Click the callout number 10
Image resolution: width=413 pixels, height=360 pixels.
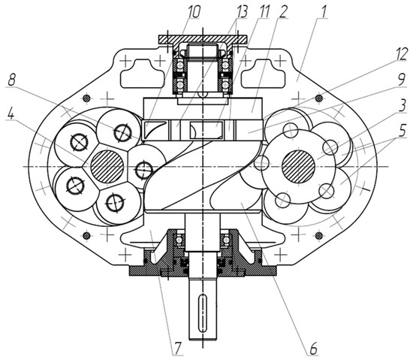tap(194, 12)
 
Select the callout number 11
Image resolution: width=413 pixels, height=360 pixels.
tap(264, 12)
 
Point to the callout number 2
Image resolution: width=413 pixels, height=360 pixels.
tap(282, 12)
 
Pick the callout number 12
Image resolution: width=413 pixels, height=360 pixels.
tap(401, 55)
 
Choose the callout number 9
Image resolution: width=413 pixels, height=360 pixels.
tap(401, 80)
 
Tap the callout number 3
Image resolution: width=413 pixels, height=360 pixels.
tap(402, 106)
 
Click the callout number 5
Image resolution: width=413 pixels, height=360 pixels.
tap(402, 131)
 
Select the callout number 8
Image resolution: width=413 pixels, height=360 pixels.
tap(11, 80)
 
